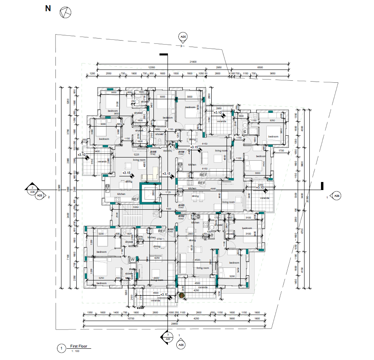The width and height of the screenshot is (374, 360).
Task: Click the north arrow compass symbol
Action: tap(65, 13)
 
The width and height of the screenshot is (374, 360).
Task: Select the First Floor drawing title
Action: tap(79, 346)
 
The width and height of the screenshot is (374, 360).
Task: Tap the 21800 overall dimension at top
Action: tap(193, 61)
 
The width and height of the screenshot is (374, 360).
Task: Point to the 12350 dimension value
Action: tap(152, 67)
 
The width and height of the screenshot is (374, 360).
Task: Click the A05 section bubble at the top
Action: tap(183, 38)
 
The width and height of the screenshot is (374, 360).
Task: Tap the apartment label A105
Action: tap(153, 152)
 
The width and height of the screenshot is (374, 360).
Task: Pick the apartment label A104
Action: tap(181, 152)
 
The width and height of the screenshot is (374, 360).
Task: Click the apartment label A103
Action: tap(181, 205)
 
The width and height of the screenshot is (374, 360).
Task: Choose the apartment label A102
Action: tap(181, 216)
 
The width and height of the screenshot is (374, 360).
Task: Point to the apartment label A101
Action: tap(171, 229)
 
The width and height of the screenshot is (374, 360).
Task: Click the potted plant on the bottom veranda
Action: tap(182, 295)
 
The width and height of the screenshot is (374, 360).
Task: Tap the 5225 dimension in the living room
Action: tap(136, 154)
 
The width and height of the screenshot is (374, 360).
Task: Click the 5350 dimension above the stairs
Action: tap(136, 207)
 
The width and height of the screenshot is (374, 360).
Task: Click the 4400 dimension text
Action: tap(156, 278)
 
